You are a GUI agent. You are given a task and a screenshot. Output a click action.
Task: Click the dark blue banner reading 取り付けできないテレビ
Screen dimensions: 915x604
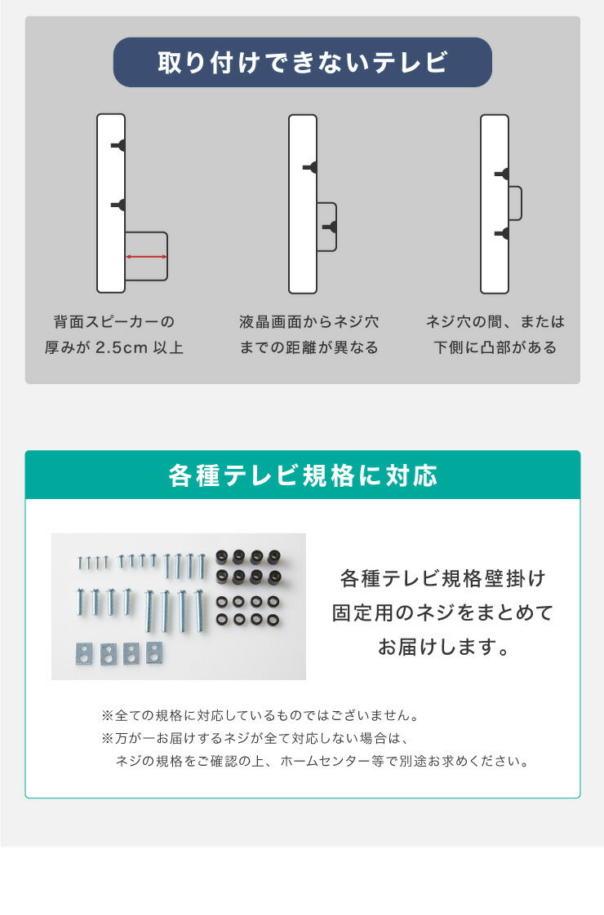point(302,62)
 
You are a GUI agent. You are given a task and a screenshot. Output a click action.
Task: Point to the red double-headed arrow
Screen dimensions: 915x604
point(147,257)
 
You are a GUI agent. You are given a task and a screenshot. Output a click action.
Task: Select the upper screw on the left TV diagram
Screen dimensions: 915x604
point(119,145)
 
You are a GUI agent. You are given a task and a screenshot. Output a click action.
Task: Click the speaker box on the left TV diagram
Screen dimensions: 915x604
point(147,256)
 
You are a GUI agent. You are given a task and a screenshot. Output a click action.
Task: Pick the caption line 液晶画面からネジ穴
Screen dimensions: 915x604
point(309,322)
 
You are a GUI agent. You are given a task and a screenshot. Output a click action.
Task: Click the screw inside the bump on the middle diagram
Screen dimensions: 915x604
point(330,226)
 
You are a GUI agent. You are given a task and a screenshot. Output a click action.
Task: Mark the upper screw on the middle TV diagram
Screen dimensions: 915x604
point(311,167)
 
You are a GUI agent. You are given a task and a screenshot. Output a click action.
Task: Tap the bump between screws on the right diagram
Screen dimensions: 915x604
point(515,203)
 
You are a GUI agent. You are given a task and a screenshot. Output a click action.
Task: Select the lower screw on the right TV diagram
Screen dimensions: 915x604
point(503,234)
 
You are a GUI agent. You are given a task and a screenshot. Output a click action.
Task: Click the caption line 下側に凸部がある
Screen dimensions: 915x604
point(495,348)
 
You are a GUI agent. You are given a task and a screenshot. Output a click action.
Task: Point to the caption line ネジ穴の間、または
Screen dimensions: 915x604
point(495,322)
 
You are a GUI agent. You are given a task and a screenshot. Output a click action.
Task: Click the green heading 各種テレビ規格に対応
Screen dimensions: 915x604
point(302,475)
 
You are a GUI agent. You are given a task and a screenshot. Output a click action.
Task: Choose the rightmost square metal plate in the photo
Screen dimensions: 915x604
point(153,652)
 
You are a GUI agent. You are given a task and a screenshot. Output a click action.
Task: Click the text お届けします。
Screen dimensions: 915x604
point(442,648)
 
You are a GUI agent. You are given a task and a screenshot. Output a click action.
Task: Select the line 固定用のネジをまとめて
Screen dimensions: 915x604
point(442,613)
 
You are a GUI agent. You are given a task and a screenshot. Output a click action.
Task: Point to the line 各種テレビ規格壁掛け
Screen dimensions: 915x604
point(442,579)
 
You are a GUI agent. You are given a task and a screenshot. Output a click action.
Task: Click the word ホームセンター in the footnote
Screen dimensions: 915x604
point(321,762)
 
